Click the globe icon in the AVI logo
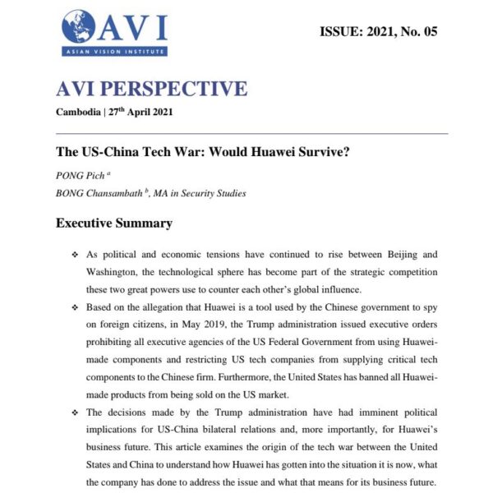(x=79, y=27)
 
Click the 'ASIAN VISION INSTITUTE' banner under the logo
(x=114, y=52)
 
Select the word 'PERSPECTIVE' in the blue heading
(x=175, y=89)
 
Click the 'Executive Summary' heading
(x=113, y=223)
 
